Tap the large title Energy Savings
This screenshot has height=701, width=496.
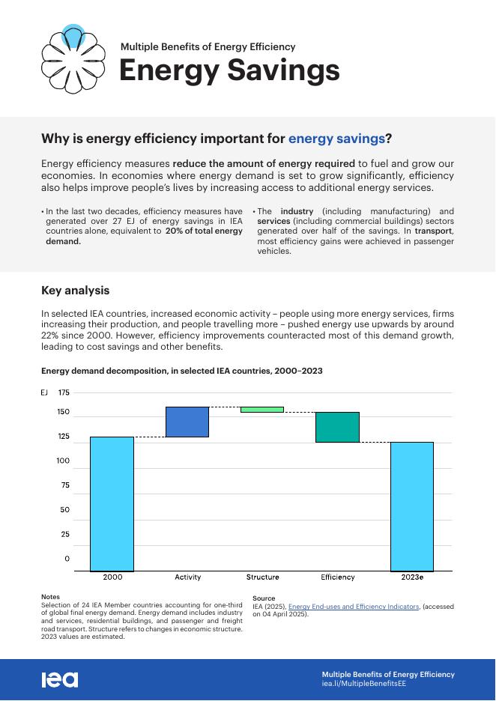229,70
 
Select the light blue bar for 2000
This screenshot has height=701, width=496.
112,503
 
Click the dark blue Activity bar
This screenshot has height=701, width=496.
187,422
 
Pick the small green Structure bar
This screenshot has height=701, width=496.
262,410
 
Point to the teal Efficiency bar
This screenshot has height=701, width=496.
337,427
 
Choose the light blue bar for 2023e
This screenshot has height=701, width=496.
412,506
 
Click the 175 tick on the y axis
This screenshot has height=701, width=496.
64,392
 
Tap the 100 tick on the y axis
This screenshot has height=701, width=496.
64,461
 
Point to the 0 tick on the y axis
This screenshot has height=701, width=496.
67,559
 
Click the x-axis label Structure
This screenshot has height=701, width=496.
262,577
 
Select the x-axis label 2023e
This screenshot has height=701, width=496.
412,577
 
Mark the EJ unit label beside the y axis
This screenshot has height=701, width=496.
44,392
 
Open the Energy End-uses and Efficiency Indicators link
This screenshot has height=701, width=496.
354,607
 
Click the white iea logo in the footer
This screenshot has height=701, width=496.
60,679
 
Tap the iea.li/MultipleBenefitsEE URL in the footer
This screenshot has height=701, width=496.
364,684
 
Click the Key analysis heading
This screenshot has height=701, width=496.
75,291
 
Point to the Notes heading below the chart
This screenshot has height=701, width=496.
50,597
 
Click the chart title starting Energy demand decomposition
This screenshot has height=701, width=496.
182,371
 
